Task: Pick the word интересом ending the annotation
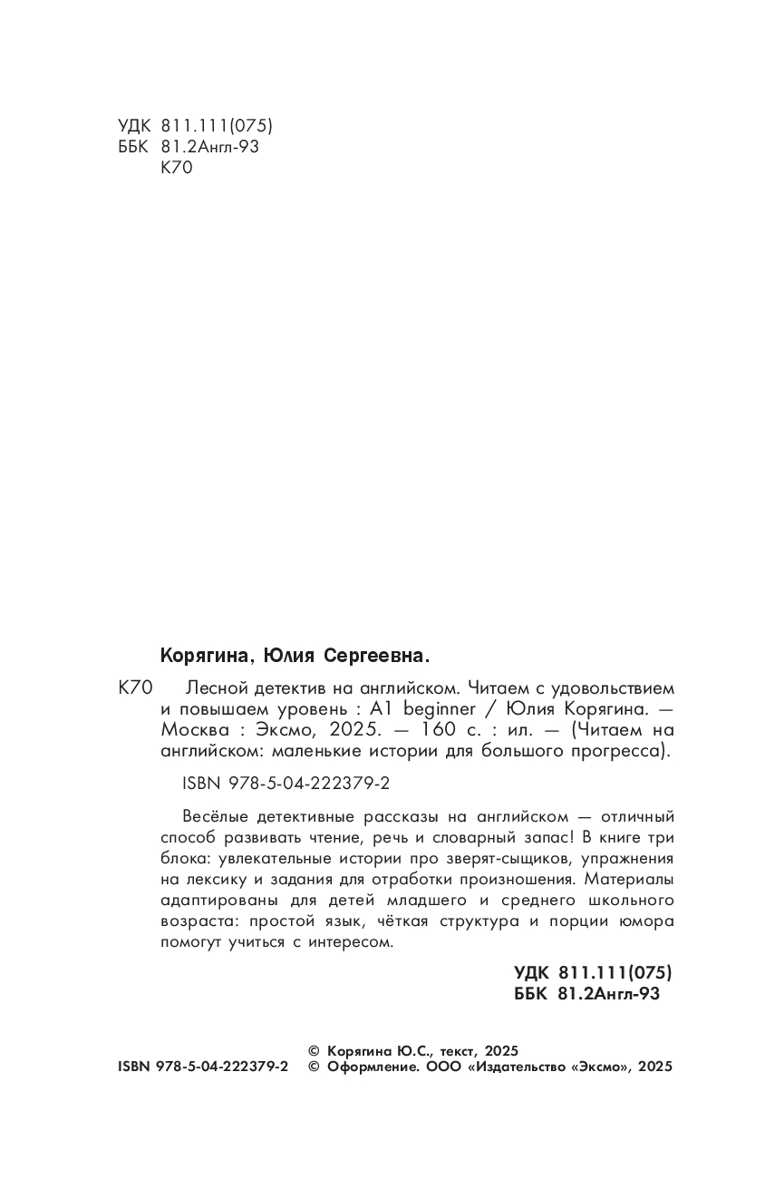[352, 942]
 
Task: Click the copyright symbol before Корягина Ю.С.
[315, 1050]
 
